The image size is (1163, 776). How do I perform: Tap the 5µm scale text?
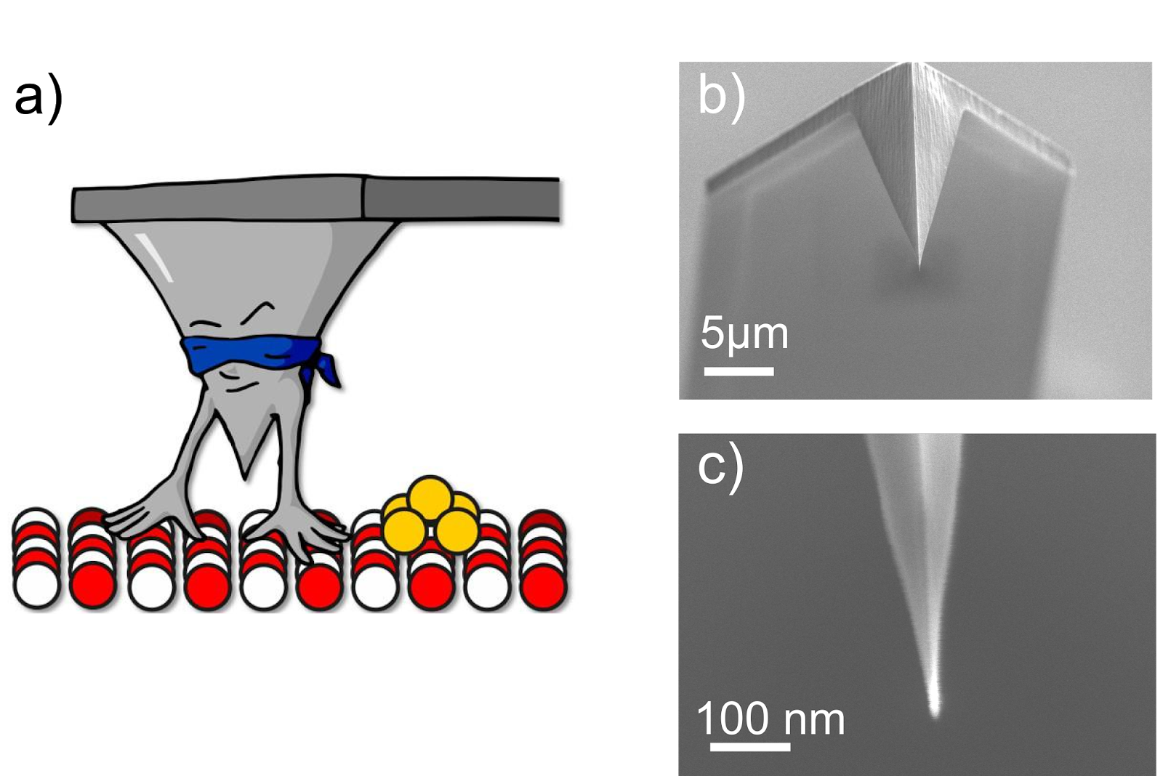(x=744, y=334)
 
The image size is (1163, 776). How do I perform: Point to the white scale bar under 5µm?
(x=739, y=371)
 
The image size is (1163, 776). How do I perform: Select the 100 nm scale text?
(x=770, y=719)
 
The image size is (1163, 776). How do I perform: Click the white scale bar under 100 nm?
(x=749, y=746)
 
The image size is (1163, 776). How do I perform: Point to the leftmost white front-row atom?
(x=36, y=583)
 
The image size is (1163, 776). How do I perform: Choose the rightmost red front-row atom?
(x=542, y=583)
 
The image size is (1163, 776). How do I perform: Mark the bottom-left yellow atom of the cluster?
(x=403, y=528)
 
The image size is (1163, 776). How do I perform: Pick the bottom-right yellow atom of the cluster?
(x=458, y=530)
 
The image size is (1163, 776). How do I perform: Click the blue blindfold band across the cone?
(x=247, y=354)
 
